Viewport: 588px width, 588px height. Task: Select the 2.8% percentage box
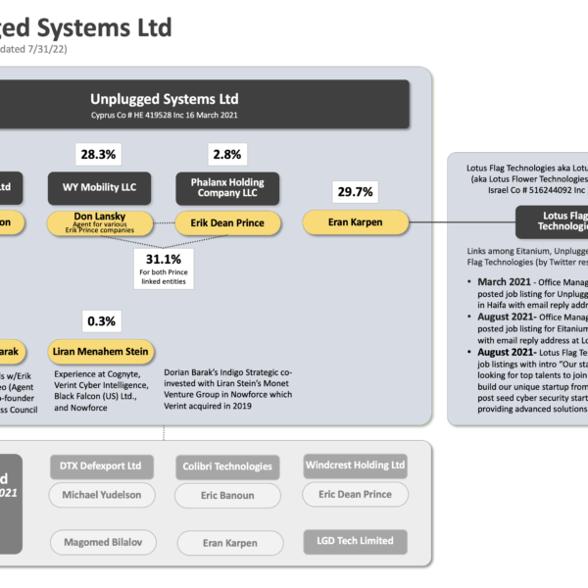(x=227, y=155)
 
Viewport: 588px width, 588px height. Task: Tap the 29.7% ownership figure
(x=355, y=190)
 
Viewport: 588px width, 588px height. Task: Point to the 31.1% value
(x=162, y=260)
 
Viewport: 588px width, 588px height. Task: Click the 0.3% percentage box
(x=101, y=320)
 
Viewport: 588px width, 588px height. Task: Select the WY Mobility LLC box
(x=94, y=188)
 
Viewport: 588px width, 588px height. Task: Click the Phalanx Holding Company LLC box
(x=227, y=188)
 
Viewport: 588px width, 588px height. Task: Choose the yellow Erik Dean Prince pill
(x=227, y=223)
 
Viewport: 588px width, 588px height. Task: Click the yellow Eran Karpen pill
(x=355, y=223)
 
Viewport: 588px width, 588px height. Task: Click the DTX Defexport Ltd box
(x=101, y=465)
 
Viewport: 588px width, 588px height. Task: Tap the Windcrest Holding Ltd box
(x=355, y=465)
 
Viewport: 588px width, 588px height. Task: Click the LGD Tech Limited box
(x=355, y=540)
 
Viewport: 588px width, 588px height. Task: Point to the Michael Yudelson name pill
(x=101, y=495)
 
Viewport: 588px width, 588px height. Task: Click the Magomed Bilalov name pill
(x=101, y=542)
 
